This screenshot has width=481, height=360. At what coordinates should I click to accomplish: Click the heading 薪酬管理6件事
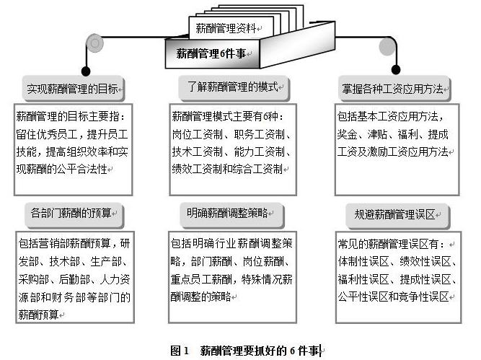211,53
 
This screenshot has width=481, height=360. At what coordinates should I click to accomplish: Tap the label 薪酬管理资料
226,29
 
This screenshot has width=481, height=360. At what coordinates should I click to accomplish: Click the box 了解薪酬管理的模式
233,89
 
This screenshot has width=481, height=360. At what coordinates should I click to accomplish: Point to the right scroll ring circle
387,41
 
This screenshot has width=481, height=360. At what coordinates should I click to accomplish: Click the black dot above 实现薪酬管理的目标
87,71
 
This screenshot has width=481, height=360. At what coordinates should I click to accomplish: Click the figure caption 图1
179,351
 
